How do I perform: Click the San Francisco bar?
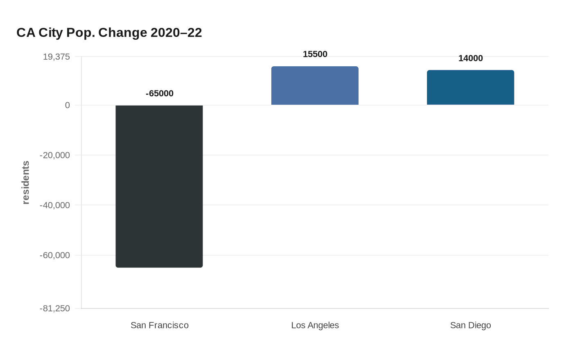pyautogui.click(x=159, y=186)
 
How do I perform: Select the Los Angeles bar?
pyautogui.click(x=315, y=85)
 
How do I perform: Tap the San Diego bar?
pyautogui.click(x=470, y=88)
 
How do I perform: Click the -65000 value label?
pyautogui.click(x=160, y=93)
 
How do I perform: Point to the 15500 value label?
pyautogui.click(x=315, y=54)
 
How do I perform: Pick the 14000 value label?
pyautogui.click(x=471, y=58)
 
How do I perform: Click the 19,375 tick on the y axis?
pyautogui.click(x=56, y=56)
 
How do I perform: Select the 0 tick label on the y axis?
pyautogui.click(x=68, y=105)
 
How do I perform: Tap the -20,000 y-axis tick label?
pyautogui.click(x=55, y=155)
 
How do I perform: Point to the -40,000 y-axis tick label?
pyautogui.click(x=55, y=205)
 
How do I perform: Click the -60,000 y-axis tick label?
pyautogui.click(x=55, y=255)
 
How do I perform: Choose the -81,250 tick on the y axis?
pyautogui.click(x=55, y=308)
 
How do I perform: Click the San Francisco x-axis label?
pyautogui.click(x=160, y=325)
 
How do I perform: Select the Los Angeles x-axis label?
pyautogui.click(x=315, y=325)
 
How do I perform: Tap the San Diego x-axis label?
pyautogui.click(x=471, y=325)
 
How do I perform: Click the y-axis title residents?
pyautogui.click(x=26, y=182)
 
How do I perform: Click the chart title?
pyautogui.click(x=109, y=32)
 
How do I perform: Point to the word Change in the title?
pyautogui.click(x=123, y=32)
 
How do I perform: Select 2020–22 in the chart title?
pyautogui.click(x=176, y=32)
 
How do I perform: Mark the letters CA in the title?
pyautogui.click(x=26, y=32)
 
